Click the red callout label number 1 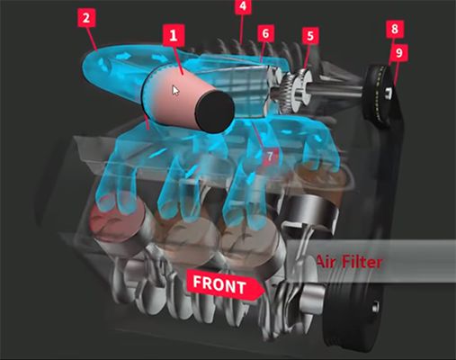(174, 36)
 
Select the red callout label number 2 (86, 18)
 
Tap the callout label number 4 (243, 6)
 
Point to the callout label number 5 (309, 36)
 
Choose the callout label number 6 (265, 33)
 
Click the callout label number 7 (270, 156)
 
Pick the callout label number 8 (395, 29)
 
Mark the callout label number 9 (399, 53)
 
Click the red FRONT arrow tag (225, 284)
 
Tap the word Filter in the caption (362, 262)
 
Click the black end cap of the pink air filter (215, 112)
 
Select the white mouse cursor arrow (175, 90)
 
